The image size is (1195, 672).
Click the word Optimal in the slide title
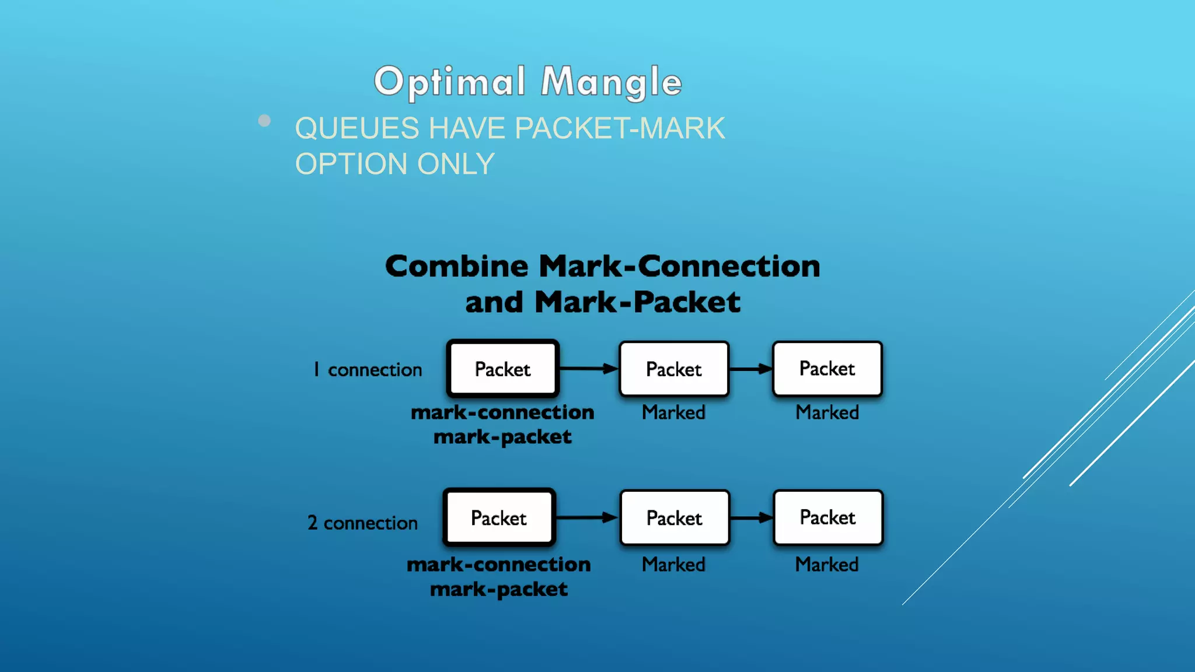[449, 82]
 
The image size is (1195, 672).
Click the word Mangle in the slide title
[611, 82]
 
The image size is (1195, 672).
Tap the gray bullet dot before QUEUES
[264, 121]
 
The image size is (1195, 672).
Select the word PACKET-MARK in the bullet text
[620, 128]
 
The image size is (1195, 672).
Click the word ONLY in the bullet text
[456, 164]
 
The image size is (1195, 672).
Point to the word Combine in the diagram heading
[457, 267]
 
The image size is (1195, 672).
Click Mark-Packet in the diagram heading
[637, 302]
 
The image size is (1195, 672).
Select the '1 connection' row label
[368, 370]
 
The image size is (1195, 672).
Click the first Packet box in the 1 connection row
[503, 369]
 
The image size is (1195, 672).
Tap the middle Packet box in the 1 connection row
[674, 369]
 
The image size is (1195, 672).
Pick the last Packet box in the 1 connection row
[827, 369]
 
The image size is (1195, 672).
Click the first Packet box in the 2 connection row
[499, 518]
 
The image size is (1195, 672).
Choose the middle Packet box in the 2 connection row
[675, 518]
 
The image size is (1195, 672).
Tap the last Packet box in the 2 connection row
[828, 517]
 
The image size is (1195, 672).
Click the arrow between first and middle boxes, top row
[588, 369]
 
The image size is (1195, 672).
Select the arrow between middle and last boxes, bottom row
[752, 517]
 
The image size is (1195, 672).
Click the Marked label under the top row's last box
[827, 412]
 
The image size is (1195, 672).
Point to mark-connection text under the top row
[502, 412]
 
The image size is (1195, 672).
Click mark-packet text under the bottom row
[499, 589]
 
